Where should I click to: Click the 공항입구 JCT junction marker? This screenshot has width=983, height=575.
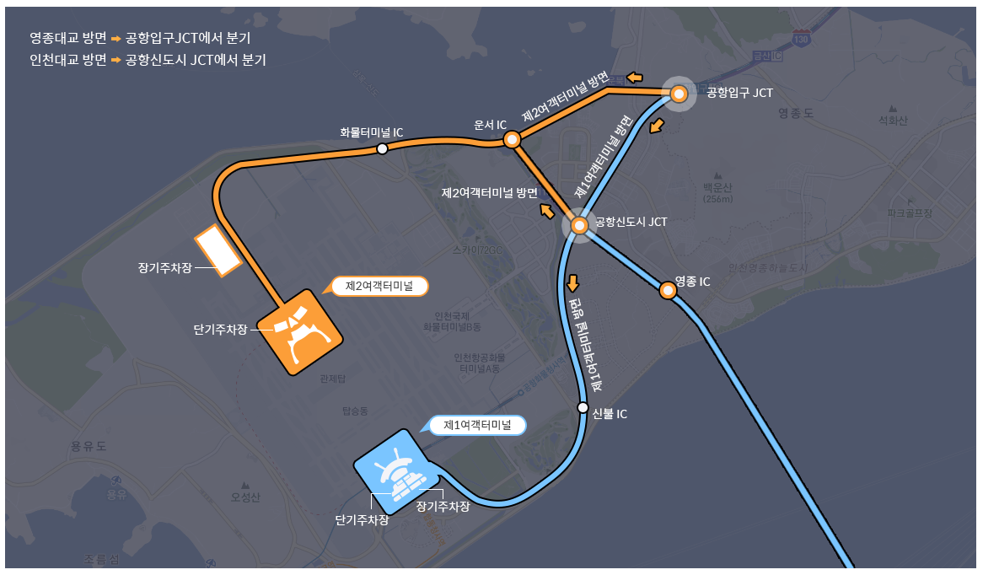tap(679, 94)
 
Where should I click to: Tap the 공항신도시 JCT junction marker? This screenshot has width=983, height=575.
tap(579, 225)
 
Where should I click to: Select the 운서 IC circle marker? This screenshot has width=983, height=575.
tap(511, 140)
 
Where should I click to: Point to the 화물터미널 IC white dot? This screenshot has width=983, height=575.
tap(382, 148)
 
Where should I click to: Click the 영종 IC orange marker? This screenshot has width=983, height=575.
tap(667, 291)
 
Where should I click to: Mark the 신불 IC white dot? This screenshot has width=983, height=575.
tap(583, 407)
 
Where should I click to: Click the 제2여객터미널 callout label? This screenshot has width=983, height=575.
tap(379, 287)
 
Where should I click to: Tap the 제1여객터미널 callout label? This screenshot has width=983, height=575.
tap(477, 425)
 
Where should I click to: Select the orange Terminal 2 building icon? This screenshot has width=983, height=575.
tap(298, 332)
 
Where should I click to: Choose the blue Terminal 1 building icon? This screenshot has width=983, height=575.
tap(395, 470)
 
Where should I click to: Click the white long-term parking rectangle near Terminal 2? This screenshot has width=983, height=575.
tap(218, 251)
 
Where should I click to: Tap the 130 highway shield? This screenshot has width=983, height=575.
tap(801, 38)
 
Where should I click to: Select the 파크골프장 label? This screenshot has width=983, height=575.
tap(909, 213)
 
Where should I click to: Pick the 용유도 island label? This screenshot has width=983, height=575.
tap(89, 446)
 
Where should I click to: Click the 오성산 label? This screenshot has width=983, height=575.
tap(246, 497)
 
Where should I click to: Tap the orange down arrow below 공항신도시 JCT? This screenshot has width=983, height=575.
tap(574, 282)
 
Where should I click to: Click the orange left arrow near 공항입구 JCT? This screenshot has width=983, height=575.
tap(634, 78)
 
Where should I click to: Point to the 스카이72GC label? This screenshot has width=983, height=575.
tap(476, 250)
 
